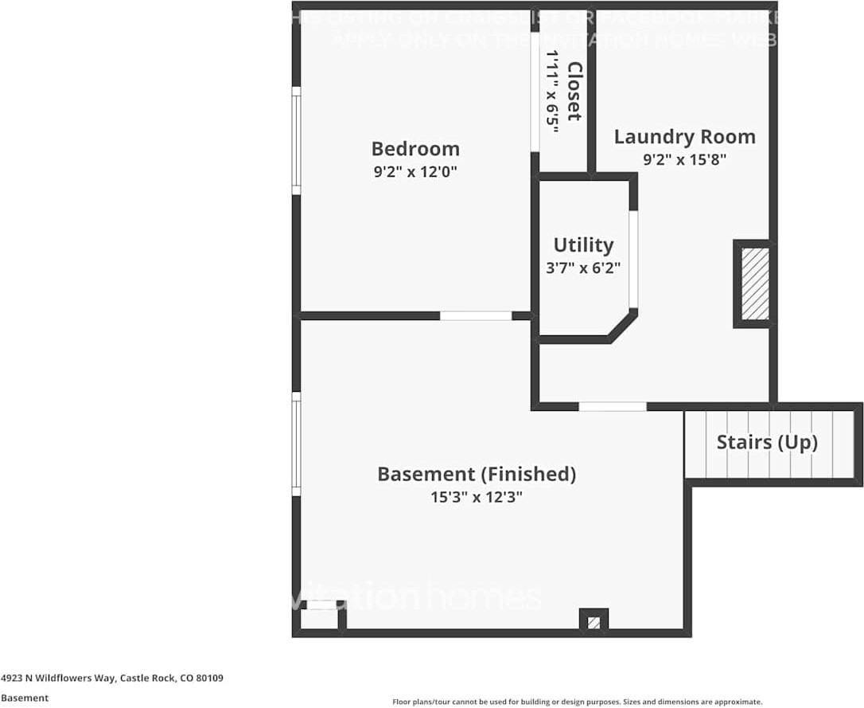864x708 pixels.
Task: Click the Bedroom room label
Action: coord(415,149)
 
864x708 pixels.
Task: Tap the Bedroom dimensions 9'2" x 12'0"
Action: coord(415,171)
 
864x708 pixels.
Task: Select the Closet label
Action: coord(574,92)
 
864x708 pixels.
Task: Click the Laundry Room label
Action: coord(684,137)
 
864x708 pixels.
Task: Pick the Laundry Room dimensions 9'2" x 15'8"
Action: coord(684,158)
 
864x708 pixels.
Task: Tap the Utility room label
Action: coord(583,244)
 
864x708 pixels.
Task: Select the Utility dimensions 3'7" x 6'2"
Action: coord(583,268)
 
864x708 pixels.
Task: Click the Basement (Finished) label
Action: coord(476,475)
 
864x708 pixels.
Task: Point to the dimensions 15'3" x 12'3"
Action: coord(476,498)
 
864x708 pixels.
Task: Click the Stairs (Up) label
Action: coord(767,442)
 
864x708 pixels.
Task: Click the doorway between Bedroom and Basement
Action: coord(476,316)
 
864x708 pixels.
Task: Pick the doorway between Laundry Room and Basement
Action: coord(612,407)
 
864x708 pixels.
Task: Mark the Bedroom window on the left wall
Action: coord(297,141)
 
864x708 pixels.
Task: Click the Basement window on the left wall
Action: coord(297,444)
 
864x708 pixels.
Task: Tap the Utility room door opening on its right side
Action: coord(633,259)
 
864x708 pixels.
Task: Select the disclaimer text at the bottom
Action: coord(577,702)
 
